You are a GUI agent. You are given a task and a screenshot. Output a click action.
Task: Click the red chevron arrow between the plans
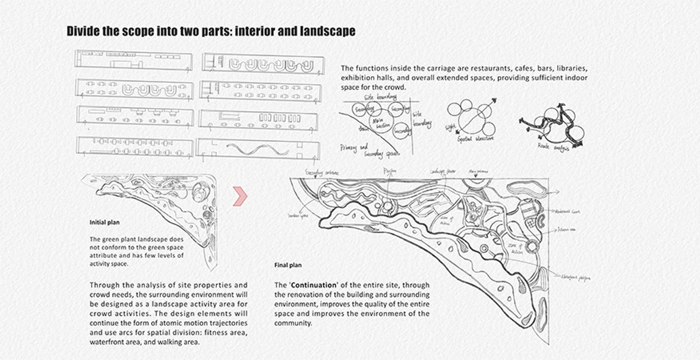pyautogui.click(x=240, y=196)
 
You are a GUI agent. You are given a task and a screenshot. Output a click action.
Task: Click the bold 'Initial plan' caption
pyautogui.click(x=104, y=223)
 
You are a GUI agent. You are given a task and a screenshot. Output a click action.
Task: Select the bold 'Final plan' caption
pyautogui.click(x=288, y=265)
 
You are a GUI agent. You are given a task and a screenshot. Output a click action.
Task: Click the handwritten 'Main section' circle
pyautogui.click(x=379, y=122)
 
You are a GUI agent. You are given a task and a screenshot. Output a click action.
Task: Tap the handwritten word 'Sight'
pyautogui.click(x=451, y=126)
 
